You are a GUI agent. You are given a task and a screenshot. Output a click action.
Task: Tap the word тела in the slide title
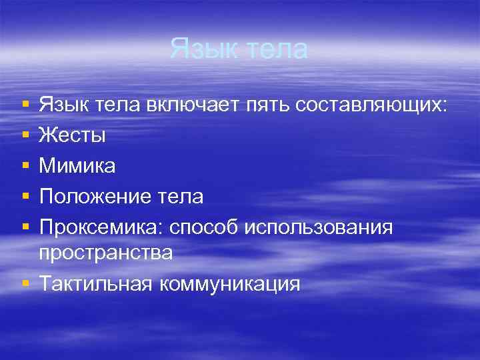point(277,49)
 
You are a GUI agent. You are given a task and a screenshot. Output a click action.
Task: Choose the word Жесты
point(72,135)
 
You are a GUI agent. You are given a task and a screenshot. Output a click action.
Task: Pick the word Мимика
point(77,166)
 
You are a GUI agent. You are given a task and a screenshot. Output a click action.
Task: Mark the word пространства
point(105,253)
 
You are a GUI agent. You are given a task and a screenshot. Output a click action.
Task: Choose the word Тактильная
point(95,283)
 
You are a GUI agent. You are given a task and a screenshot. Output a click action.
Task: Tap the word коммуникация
point(229,283)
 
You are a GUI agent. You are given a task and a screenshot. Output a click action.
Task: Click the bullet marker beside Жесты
point(25,136)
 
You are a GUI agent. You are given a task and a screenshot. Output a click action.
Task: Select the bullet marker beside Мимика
point(25,167)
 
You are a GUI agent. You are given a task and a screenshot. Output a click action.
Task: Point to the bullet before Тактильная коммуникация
point(25,284)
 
